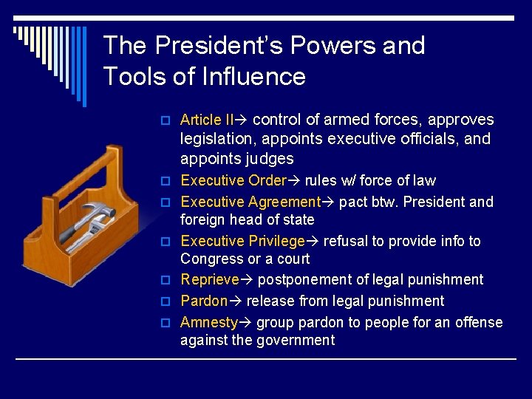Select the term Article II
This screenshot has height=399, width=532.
207,120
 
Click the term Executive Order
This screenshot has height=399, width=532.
233,180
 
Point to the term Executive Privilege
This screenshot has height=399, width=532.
242,241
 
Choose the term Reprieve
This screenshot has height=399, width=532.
210,279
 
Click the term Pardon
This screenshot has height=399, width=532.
204,301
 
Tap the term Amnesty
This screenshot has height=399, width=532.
209,322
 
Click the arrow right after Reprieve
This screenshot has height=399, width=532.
248,280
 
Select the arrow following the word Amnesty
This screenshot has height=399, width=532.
246,323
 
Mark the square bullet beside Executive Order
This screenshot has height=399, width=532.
166,181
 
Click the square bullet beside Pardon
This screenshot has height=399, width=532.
166,301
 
